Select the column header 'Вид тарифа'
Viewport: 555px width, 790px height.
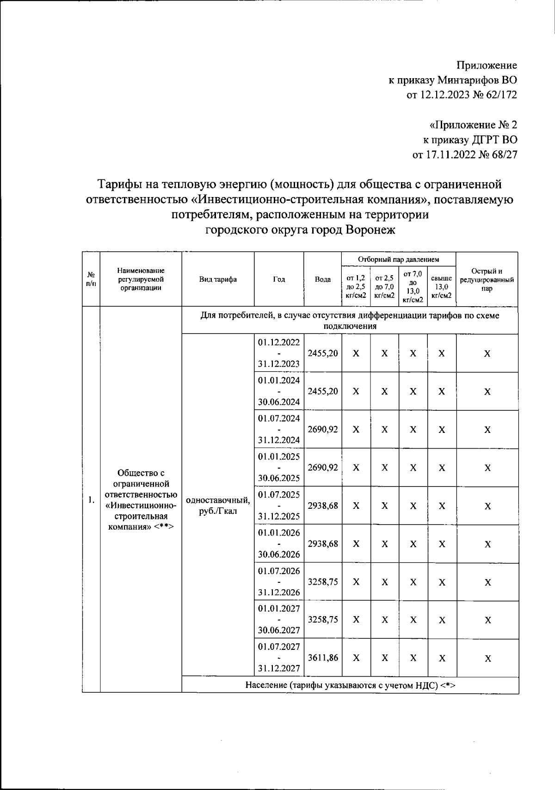coord(218,279)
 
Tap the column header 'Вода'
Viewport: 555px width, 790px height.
coord(323,279)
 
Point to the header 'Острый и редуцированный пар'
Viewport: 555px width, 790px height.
coord(487,279)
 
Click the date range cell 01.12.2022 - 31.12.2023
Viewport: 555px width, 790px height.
coord(279,353)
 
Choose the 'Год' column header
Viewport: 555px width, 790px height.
coord(279,279)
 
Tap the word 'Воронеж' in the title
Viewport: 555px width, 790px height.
coord(370,229)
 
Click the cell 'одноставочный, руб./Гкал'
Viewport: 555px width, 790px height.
coord(218,506)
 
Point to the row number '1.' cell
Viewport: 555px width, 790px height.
coord(91,500)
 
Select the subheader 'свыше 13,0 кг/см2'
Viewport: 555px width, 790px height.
coord(441,287)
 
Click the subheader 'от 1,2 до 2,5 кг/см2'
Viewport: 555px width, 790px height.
coord(356,287)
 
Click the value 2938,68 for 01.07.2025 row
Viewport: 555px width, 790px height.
coord(323,506)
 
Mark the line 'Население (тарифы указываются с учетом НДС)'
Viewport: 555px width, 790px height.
coord(350,685)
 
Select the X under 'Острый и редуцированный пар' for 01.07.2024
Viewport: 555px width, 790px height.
coord(487,430)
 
